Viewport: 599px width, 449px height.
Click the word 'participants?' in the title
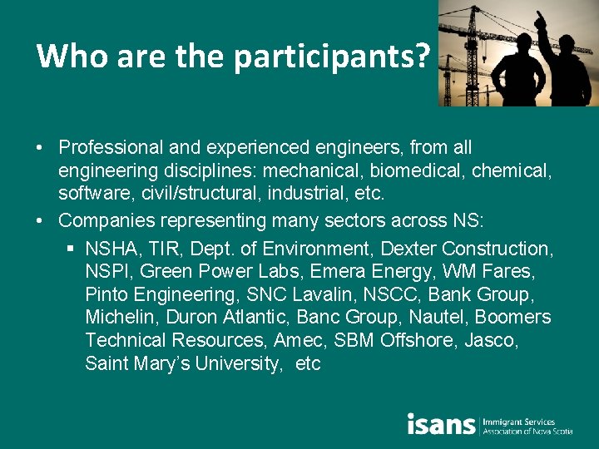332,56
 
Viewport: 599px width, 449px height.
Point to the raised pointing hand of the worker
541,18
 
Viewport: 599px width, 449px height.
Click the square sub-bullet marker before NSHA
71,249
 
